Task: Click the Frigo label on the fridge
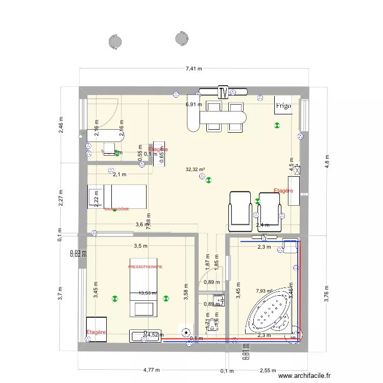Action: [283, 106]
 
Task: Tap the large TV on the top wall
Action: [223, 92]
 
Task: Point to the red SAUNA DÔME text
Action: [116, 209]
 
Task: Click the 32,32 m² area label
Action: [196, 170]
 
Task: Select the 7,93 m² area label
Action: [265, 292]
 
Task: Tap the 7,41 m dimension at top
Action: [194, 68]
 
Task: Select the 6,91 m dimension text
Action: [194, 104]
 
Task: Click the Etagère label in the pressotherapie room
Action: [96, 332]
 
